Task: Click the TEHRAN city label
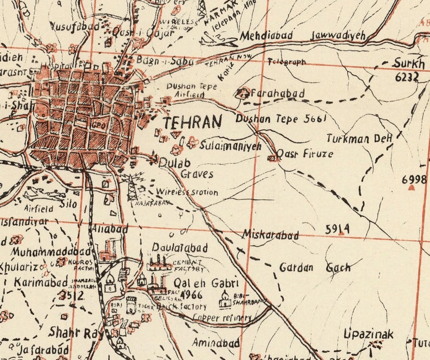click(x=192, y=123)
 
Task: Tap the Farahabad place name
click(x=277, y=93)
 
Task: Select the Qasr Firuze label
click(x=305, y=153)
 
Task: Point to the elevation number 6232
click(x=407, y=77)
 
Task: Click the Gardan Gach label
click(x=315, y=267)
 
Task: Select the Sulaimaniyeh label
click(x=230, y=146)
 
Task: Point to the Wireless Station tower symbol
click(x=132, y=188)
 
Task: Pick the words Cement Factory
click(x=189, y=266)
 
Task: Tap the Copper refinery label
click(x=221, y=318)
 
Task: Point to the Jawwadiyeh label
click(x=338, y=36)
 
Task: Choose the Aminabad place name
click(x=216, y=343)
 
